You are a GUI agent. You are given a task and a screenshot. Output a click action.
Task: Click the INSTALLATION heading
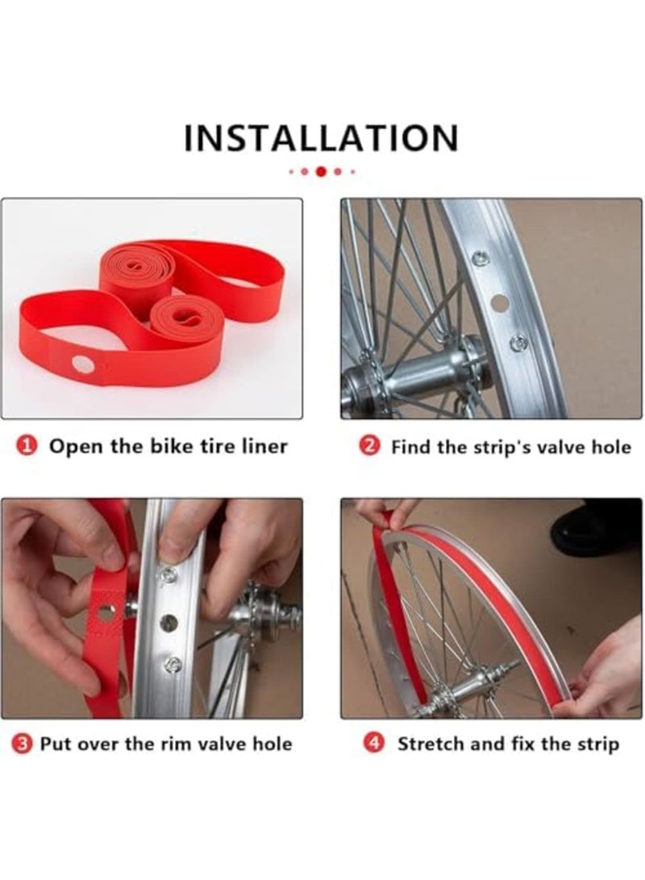[322, 138]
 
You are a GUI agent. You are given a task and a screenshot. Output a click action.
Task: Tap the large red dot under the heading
[321, 172]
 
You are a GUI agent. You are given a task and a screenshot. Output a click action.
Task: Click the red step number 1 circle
[26, 447]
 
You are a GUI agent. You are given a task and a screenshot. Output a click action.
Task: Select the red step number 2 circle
[368, 447]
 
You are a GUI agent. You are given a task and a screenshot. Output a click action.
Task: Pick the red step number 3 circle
[21, 744]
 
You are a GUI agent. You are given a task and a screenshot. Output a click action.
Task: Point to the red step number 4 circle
[373, 744]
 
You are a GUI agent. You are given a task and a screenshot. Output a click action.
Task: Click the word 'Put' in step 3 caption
[55, 744]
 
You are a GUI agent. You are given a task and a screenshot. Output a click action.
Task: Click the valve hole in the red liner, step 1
[83, 365]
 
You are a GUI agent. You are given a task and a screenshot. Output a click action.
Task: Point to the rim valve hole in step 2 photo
[498, 303]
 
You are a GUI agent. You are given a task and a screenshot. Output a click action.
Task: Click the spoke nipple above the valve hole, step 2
[481, 259]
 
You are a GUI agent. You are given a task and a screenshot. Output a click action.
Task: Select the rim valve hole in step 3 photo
[169, 623]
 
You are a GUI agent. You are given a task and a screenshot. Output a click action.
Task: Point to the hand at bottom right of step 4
[605, 668]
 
